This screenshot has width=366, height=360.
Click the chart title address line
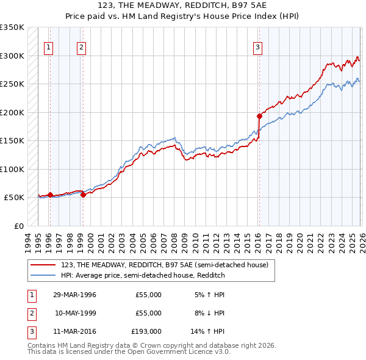[183, 5]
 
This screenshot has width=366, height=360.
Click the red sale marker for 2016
[259, 116]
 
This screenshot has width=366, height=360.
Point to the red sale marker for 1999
[83, 195]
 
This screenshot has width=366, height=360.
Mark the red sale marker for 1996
[50, 195]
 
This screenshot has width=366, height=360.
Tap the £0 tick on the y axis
[18, 226]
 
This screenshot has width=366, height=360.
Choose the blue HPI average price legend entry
[143, 275]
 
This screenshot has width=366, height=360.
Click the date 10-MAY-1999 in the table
[74, 313]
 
